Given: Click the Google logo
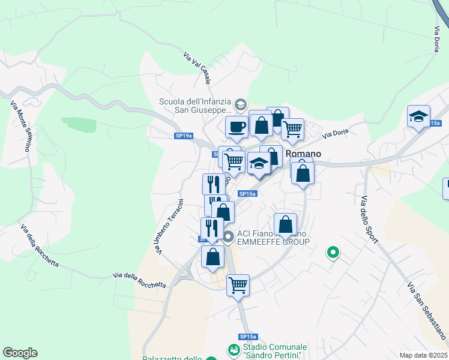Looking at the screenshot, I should (20, 353).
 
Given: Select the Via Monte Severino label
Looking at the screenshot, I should (20, 126).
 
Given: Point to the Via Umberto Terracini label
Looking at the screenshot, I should (169, 226).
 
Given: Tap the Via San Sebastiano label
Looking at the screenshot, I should (427, 308).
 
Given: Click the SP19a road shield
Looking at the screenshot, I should (184, 136).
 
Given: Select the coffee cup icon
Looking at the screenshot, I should (236, 127).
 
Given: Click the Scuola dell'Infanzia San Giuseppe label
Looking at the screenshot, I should (195, 106).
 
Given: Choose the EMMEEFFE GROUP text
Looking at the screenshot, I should (273, 242).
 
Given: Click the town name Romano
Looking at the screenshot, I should (304, 154).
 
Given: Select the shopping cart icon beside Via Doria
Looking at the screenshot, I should (292, 128).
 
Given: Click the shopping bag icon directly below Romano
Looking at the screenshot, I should (303, 174).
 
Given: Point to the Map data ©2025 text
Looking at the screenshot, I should (424, 355).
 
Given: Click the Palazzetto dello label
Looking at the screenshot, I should (172, 358).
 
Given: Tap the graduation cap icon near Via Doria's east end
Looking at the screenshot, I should (418, 116).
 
